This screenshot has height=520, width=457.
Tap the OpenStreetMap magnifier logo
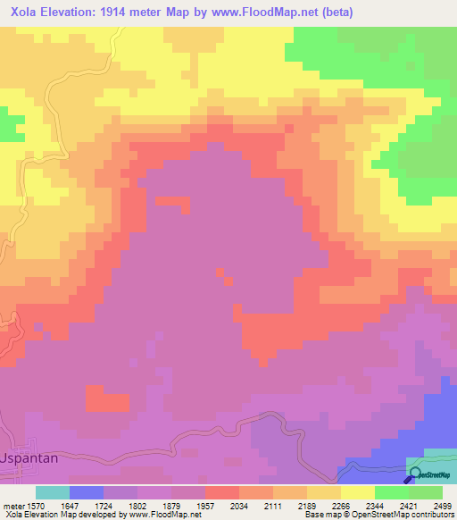414,474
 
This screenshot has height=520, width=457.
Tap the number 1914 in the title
117,13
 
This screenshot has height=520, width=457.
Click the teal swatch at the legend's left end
53,492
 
